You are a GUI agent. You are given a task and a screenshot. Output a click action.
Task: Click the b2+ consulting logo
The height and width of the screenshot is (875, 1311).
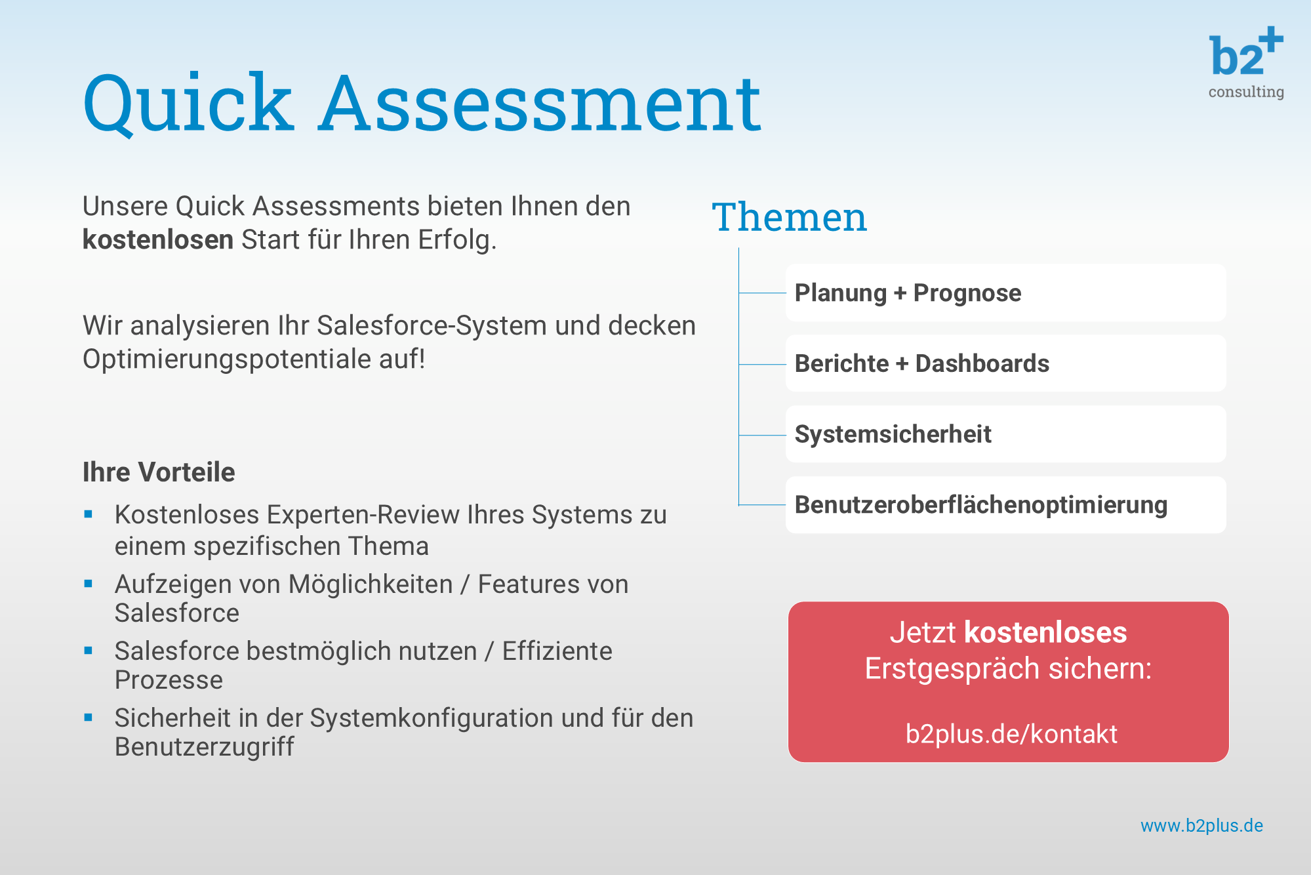click(x=1246, y=63)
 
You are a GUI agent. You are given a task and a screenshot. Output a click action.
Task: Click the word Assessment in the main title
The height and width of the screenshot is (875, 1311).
click(x=540, y=103)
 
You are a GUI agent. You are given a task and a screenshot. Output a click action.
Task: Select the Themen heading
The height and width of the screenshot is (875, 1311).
click(x=790, y=217)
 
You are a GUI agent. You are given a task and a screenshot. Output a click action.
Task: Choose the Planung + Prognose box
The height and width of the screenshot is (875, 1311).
click(x=1006, y=293)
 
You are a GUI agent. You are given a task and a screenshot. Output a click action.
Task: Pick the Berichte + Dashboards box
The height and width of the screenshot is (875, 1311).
click(x=1006, y=363)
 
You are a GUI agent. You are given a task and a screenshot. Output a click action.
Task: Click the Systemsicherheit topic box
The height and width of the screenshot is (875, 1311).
click(x=1006, y=434)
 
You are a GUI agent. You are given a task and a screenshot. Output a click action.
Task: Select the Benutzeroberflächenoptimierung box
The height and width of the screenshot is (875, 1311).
click(x=1006, y=505)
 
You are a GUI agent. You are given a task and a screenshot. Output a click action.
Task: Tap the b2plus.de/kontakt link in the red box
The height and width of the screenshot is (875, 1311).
click(x=1011, y=734)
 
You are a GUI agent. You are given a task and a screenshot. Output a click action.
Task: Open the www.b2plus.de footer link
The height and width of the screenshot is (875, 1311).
click(x=1201, y=826)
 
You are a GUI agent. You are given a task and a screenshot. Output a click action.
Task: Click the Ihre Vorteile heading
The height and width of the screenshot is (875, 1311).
click(x=159, y=472)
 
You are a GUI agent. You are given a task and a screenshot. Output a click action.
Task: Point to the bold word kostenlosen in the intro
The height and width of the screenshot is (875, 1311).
click(x=158, y=240)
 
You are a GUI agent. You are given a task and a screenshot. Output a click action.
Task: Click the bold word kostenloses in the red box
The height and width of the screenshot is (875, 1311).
click(x=1045, y=632)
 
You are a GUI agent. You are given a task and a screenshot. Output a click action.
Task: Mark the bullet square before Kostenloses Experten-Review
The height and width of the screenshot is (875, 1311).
click(x=89, y=515)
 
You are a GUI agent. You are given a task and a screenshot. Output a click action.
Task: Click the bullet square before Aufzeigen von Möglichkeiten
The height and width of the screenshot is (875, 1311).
click(x=89, y=584)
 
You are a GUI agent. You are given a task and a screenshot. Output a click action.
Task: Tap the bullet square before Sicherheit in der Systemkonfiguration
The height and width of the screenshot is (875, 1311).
click(x=89, y=718)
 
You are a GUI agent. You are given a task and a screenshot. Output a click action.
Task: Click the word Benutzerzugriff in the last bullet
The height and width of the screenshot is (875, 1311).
click(x=205, y=747)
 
